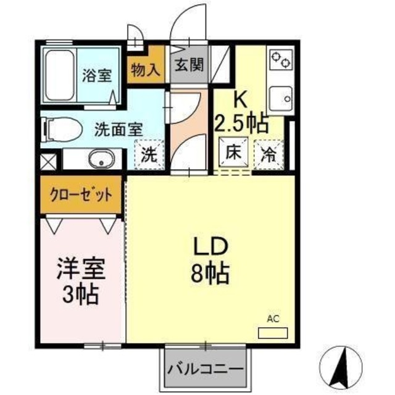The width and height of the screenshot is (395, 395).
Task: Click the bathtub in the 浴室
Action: [59, 75]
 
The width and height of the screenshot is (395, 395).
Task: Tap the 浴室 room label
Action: [98, 76]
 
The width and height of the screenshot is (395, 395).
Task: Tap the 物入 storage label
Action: [145, 70]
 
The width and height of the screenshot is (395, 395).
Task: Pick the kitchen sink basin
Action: [283, 96]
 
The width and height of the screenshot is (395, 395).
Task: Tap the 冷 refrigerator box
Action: [270, 152]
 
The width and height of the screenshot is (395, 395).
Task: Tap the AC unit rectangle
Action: [273, 332]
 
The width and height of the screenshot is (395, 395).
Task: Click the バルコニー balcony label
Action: [204, 370]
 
